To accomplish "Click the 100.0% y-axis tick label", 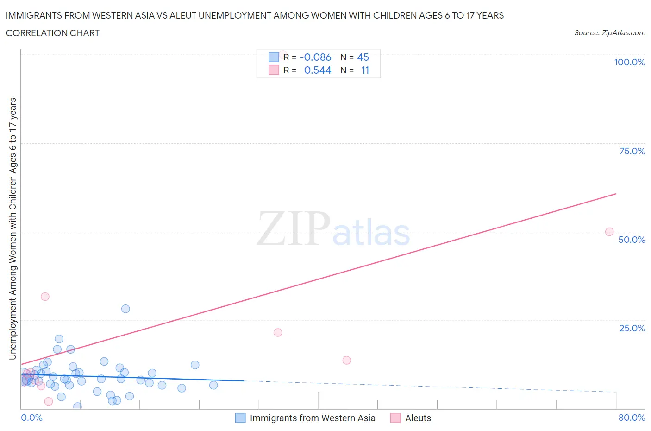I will (629, 62).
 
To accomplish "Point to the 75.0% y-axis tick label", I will (632, 151).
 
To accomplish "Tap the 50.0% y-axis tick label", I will (632, 240).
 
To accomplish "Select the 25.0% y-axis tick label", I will (632, 328).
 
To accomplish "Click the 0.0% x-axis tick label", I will (31, 418).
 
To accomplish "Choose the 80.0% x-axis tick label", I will (632, 418).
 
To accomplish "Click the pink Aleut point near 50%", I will (609, 232).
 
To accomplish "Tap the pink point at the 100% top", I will (282, 54).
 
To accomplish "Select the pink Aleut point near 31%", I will (45, 297).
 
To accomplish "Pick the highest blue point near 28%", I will (125, 309).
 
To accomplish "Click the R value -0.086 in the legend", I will (315, 57).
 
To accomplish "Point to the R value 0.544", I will (318, 70).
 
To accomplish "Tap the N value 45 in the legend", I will (363, 57).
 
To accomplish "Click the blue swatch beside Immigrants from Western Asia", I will (240, 418).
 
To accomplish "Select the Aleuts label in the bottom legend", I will (418, 418).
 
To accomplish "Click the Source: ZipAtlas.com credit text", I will (609, 32).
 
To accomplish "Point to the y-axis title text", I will (13, 229).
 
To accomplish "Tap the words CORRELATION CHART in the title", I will (53, 33).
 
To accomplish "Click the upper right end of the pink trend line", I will (616, 193).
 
